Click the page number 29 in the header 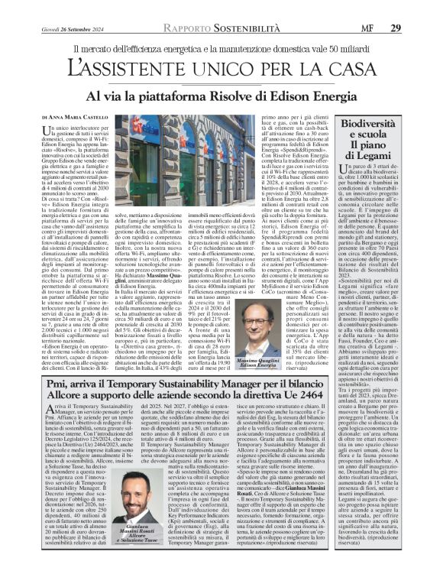point(418,8)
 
